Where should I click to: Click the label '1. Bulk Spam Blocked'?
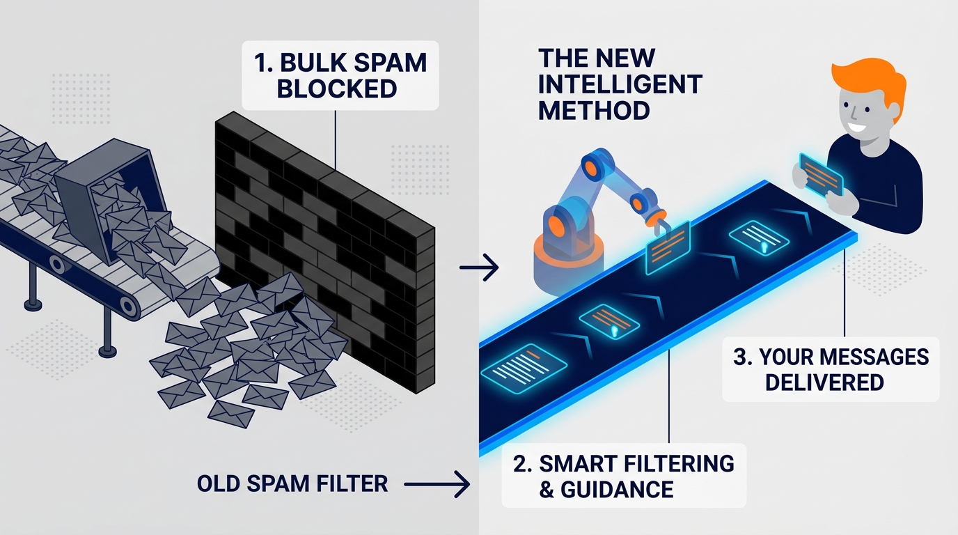click(x=341, y=74)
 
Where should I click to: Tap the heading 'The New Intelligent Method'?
click(x=619, y=84)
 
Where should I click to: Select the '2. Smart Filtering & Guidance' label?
click(x=623, y=475)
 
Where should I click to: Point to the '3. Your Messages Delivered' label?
click(x=830, y=369)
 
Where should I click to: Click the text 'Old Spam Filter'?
click(x=292, y=483)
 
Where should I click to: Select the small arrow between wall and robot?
click(x=480, y=267)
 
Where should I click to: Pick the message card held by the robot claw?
click(x=666, y=246)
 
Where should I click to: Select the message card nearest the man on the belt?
click(x=759, y=235)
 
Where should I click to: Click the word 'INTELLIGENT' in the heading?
click(x=620, y=84)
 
